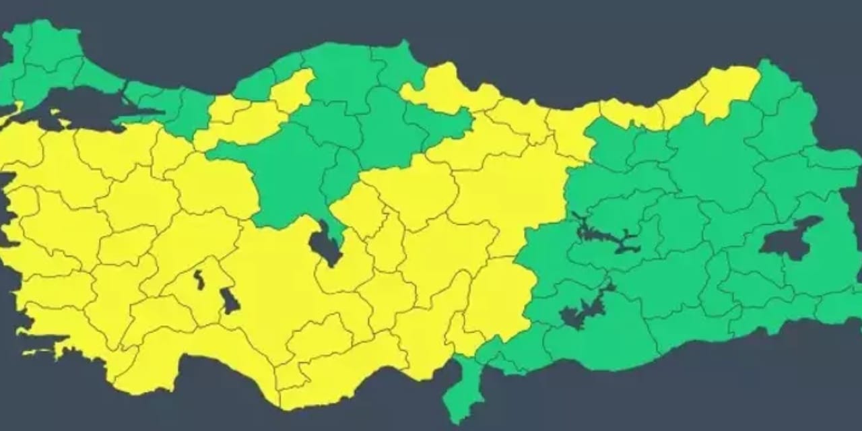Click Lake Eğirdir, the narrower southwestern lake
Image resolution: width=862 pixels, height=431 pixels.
(199, 279)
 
